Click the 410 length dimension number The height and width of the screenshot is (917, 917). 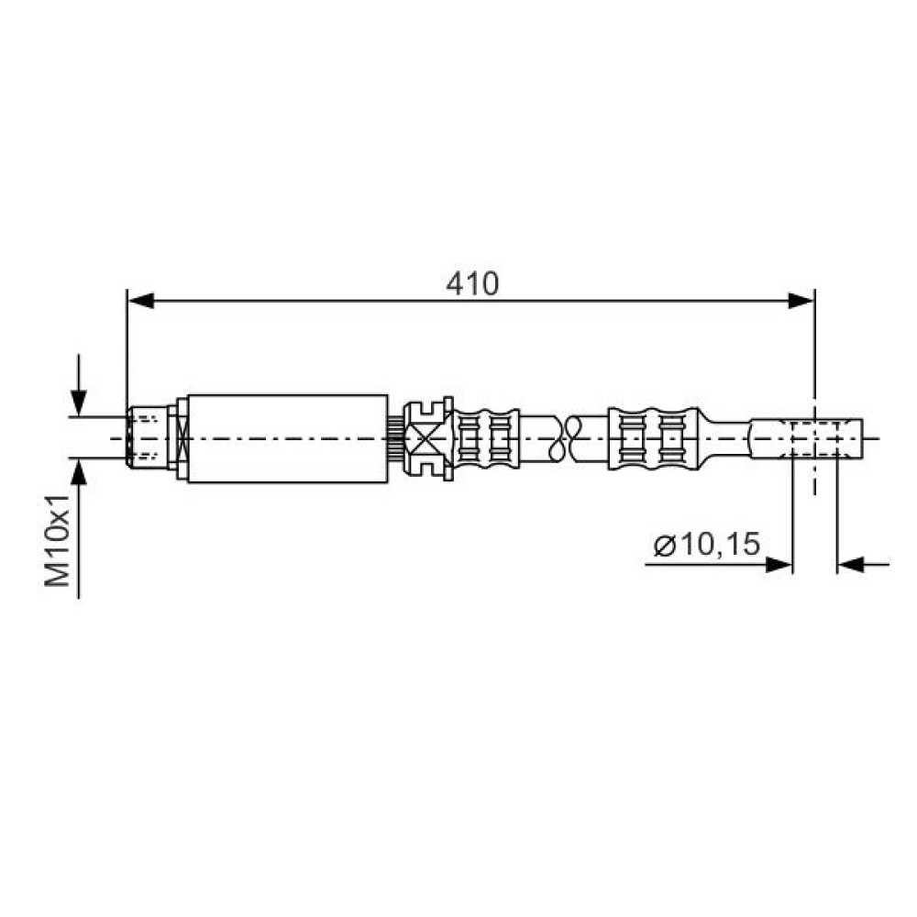point(472,285)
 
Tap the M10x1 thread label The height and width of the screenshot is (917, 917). point(58,540)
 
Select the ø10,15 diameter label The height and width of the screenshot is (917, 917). point(707,544)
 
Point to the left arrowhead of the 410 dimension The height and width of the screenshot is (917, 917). point(140,301)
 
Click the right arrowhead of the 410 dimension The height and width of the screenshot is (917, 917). point(801,301)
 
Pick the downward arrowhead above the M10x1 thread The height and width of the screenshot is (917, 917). point(78,403)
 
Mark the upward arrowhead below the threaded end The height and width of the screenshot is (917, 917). point(78,472)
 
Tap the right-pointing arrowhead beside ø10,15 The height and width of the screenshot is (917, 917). point(779,565)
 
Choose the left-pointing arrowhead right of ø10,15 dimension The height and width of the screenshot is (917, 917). point(850,565)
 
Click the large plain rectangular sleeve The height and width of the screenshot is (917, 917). point(288,438)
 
